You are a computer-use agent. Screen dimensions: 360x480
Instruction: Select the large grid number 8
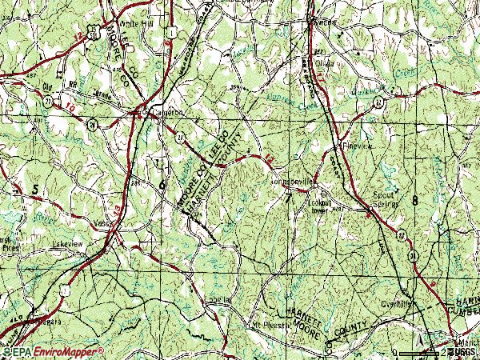pyautogui.click(x=415, y=199)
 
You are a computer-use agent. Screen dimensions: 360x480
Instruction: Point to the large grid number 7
pyautogui.click(x=287, y=201)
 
